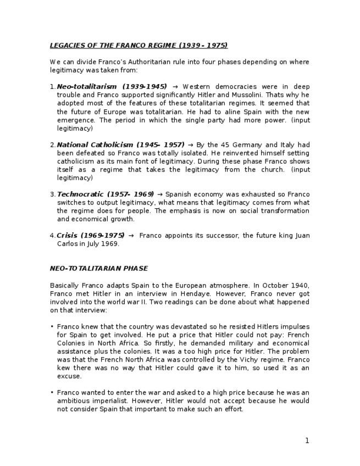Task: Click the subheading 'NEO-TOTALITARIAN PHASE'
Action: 98,269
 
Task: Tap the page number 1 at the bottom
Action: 307,440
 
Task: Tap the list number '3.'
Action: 53,195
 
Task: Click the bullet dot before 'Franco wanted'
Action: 52,393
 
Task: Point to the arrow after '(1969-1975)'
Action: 131,236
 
